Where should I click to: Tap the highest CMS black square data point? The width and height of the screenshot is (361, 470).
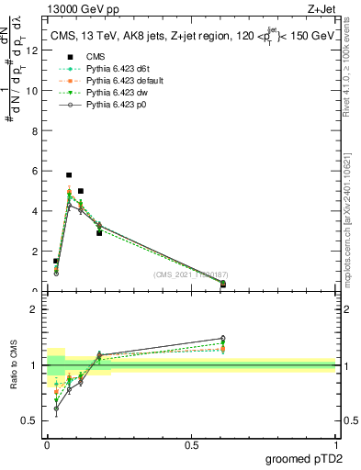[69, 174]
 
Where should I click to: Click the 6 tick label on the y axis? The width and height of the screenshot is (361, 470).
[34, 171]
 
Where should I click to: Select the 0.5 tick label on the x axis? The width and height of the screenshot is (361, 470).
[191, 445]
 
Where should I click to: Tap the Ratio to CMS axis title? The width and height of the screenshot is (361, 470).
[15, 364]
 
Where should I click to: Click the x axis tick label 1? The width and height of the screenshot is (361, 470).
[336, 445]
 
